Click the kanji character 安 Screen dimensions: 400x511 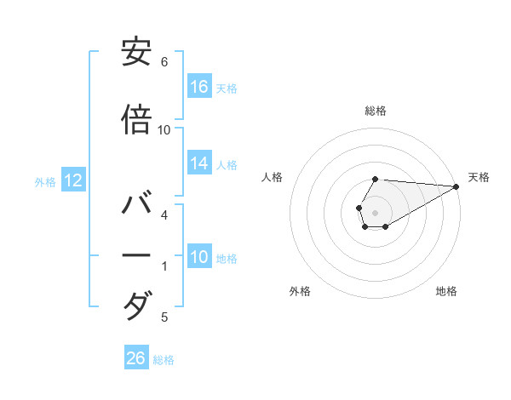point(137,53)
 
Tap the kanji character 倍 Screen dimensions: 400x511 point(137,120)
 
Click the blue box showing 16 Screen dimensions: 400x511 point(199,86)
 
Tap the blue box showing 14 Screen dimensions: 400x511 point(199,163)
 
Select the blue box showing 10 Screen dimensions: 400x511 point(199,257)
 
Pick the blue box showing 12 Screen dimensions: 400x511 point(72,180)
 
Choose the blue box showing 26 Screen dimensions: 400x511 point(136,358)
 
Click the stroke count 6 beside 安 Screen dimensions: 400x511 point(164,62)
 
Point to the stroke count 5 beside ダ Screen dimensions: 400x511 point(164,317)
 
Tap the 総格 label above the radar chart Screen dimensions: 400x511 point(376,111)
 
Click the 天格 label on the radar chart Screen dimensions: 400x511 point(479,177)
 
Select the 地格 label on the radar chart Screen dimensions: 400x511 point(446,291)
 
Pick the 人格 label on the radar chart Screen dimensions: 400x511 point(273,177)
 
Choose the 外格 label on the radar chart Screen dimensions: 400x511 point(300,291)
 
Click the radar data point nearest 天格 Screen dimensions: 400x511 point(456,186)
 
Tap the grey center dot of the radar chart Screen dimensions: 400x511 point(375,211)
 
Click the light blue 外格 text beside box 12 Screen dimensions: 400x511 point(44,181)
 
